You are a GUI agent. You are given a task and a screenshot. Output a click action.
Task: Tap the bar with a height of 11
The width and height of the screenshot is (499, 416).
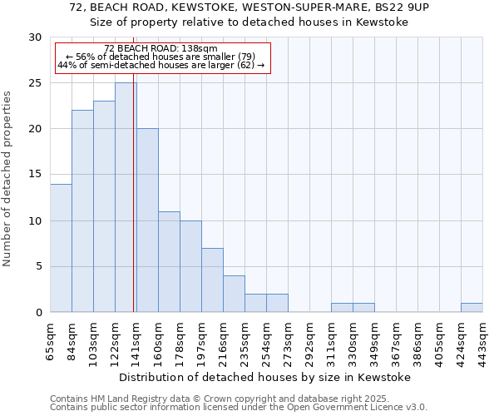point(169,261)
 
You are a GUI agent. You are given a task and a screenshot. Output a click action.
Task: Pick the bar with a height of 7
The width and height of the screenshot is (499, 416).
point(212,280)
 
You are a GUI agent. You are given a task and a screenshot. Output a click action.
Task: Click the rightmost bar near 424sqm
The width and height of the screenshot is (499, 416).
point(472,308)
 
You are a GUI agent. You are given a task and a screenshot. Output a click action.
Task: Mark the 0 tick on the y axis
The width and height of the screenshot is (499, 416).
point(37,312)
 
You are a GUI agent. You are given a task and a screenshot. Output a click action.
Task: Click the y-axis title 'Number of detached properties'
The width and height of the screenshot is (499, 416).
point(7,179)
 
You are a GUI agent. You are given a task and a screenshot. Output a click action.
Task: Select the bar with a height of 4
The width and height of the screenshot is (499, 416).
point(234,294)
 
